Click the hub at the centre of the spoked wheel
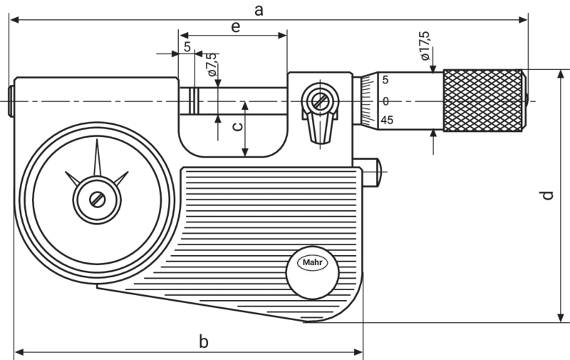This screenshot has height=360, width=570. pos(90,194)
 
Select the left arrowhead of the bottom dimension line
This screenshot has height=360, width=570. pos(21,351)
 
